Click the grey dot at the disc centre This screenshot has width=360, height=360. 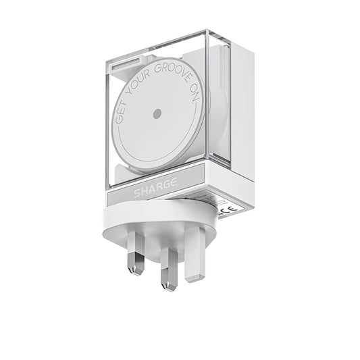click(x=157, y=114)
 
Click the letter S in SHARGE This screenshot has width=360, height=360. click(x=136, y=194)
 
